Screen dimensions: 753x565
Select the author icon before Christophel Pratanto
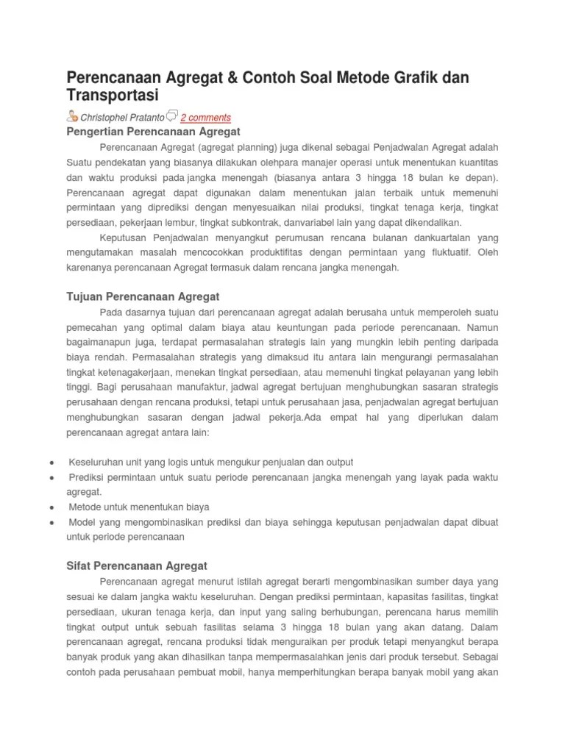[x=72, y=115]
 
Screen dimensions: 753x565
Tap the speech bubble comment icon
[x=171, y=115]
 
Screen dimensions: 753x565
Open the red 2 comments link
[x=206, y=117]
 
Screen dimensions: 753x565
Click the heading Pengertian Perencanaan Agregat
[x=154, y=132]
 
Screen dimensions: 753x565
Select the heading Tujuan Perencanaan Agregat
[x=143, y=296]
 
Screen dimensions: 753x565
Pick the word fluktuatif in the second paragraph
[x=451, y=252]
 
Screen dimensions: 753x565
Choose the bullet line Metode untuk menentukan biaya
[x=139, y=507]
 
